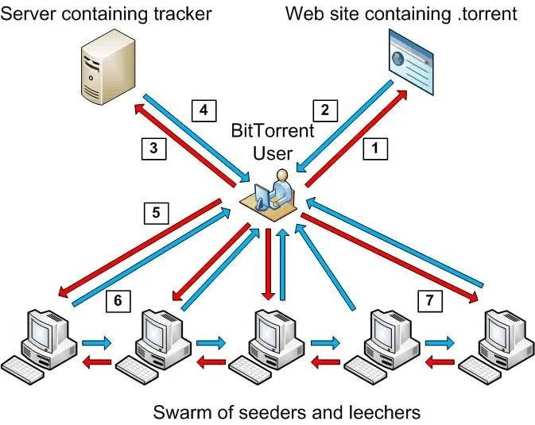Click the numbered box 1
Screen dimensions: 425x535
(x=377, y=147)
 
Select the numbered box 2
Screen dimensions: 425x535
(x=324, y=109)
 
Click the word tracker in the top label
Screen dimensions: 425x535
(x=184, y=14)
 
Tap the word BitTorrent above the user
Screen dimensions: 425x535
(x=273, y=130)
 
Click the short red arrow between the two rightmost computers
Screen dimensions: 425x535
(x=439, y=362)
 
